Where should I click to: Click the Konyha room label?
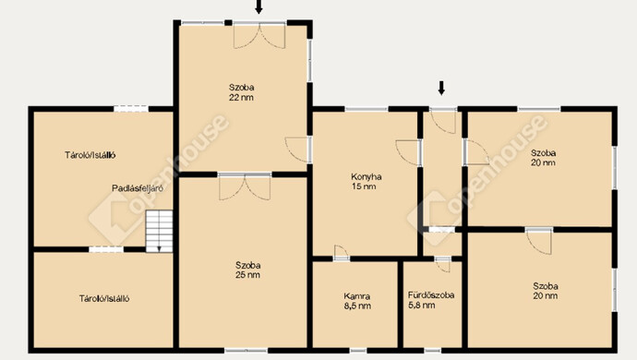(x=366, y=182)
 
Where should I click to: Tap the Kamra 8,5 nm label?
(x=357, y=301)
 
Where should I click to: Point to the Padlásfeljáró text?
(x=138, y=188)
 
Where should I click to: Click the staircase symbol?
(x=159, y=231)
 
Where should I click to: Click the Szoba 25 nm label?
(x=247, y=270)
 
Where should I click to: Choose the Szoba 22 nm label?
(x=241, y=92)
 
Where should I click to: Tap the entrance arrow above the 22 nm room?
(x=258, y=6)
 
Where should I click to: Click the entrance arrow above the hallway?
(x=441, y=89)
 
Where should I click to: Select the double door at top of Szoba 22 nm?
(x=259, y=36)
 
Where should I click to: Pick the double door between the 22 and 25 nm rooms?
(x=245, y=186)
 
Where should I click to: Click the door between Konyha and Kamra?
(x=342, y=253)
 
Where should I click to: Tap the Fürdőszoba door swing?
(x=443, y=265)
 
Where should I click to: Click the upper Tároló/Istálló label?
(x=90, y=155)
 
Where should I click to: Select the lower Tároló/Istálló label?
(x=104, y=299)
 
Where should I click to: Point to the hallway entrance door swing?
(x=443, y=121)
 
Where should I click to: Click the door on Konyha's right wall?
(x=408, y=152)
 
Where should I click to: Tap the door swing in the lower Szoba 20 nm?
(x=539, y=241)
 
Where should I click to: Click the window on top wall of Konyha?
(x=367, y=109)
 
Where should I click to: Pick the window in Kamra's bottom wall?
(x=358, y=350)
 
